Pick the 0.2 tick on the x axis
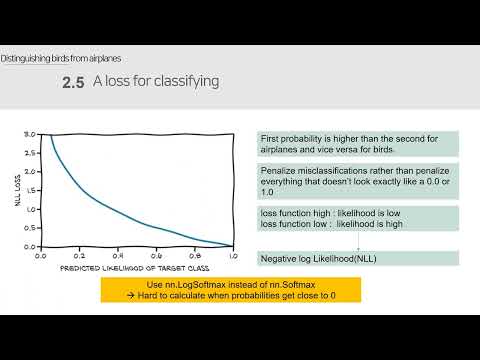tap(79, 256)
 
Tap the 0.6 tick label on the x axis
tap(156, 256)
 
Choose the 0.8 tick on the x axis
tap(194, 256)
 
